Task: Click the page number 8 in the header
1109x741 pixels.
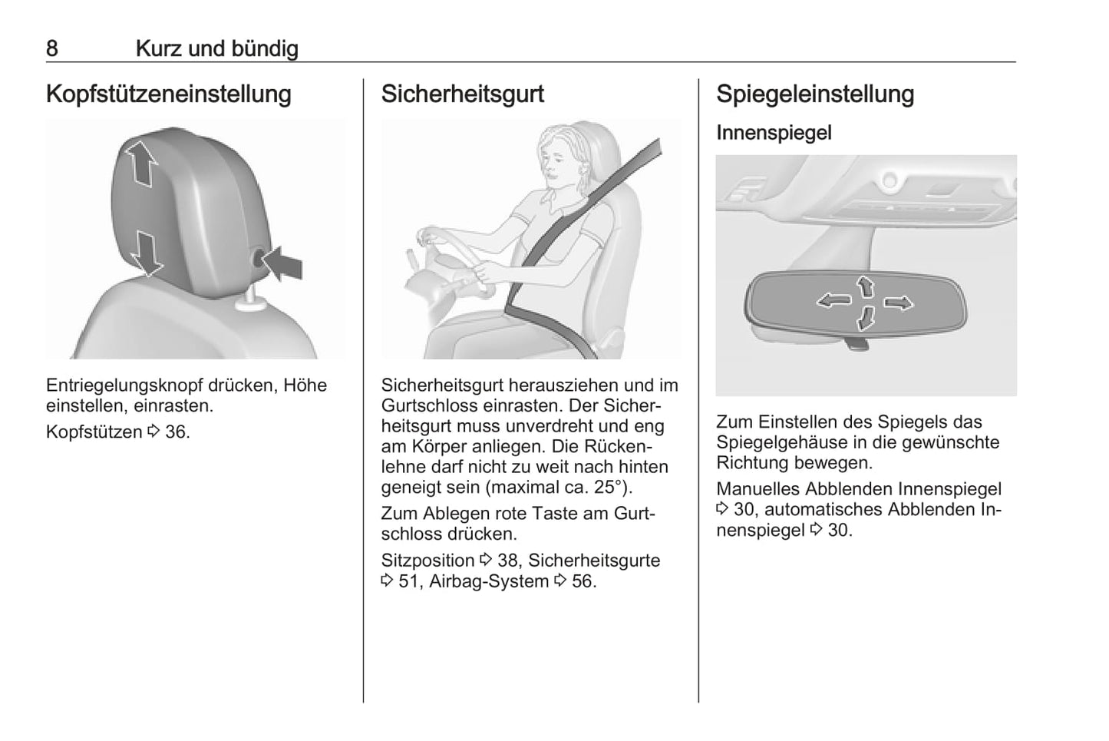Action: coord(51,48)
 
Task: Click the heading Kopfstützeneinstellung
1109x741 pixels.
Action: coord(168,94)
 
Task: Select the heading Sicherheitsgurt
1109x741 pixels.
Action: coord(463,94)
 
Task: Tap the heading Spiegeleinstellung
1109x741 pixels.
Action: coord(815,94)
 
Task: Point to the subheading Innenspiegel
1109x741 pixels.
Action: coord(774,133)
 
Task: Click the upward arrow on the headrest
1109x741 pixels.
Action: coord(141,164)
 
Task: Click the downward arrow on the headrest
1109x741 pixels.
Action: coord(147,253)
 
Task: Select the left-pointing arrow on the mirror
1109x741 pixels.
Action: coord(833,300)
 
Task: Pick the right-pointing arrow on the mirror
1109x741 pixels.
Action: coord(899,303)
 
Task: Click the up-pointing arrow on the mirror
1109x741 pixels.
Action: coord(866,286)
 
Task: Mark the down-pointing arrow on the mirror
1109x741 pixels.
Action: coord(866,318)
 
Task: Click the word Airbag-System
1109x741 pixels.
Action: coord(489,581)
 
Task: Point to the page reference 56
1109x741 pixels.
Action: coord(582,581)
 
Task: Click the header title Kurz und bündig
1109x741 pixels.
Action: coord(217,48)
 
